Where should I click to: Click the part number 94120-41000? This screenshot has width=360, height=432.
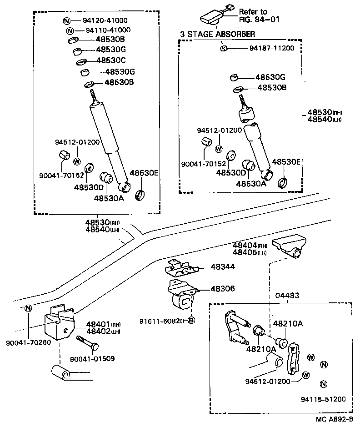(x=105, y=20)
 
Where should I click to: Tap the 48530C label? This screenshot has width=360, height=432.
(x=110, y=60)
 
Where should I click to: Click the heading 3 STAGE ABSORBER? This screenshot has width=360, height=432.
(x=218, y=34)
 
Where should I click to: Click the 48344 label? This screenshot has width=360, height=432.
(x=223, y=266)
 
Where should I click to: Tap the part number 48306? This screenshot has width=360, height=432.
(x=223, y=289)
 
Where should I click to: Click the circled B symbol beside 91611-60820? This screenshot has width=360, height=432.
(x=191, y=321)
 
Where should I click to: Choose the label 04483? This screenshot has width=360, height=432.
(x=287, y=296)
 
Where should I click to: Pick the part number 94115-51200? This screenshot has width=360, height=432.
(x=323, y=399)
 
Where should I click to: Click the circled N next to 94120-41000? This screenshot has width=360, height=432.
(x=66, y=20)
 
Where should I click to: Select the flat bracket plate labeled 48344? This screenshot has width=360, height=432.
(x=181, y=268)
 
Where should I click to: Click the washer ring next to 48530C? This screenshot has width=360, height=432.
(x=81, y=61)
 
